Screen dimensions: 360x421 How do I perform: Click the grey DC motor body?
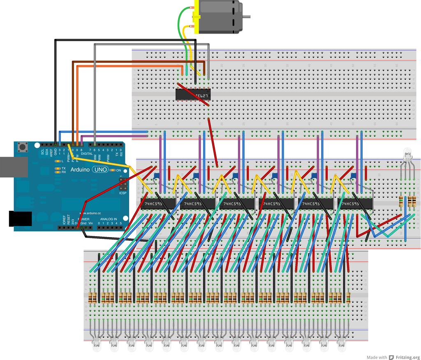(220, 17)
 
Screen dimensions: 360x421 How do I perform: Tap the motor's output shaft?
(246, 17)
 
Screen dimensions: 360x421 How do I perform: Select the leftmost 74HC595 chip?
(156, 204)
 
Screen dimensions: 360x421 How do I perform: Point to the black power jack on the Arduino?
(20, 219)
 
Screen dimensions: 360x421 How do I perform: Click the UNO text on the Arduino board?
(100, 169)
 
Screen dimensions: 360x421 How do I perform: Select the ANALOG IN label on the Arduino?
(108, 219)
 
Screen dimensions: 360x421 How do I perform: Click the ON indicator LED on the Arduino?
(113, 170)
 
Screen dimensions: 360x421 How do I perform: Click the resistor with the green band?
(401, 201)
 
